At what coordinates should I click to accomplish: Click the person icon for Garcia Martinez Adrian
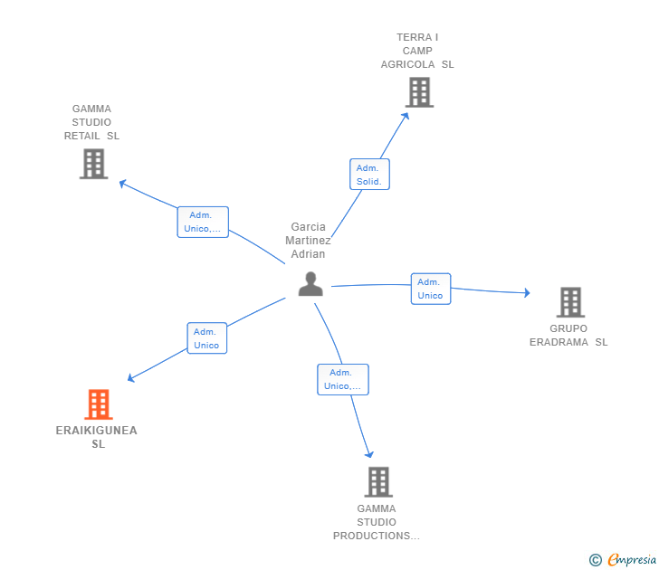[x=310, y=284]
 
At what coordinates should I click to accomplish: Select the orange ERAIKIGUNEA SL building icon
[x=99, y=404]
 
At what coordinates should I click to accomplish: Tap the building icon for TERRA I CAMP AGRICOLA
[x=419, y=92]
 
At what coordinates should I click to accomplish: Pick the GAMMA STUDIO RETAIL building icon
[x=94, y=164]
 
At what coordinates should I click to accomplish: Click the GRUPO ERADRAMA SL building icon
[x=570, y=302]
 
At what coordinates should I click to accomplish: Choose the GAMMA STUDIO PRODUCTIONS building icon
[x=378, y=482]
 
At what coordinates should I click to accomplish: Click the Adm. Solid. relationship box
[x=369, y=175]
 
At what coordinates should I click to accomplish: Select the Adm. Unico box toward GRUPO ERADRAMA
[x=431, y=289]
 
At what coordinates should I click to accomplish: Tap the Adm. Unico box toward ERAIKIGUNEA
[x=206, y=338]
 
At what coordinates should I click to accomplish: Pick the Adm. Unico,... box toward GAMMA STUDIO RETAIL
[x=203, y=222]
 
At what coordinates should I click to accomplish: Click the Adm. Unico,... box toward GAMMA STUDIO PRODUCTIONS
[x=342, y=379]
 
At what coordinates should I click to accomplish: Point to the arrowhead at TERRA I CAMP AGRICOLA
[x=406, y=116]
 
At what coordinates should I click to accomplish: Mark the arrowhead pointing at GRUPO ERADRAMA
[x=527, y=293]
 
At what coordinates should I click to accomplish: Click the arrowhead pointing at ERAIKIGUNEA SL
[x=130, y=378]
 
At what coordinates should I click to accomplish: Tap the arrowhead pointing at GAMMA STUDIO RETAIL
[x=123, y=183]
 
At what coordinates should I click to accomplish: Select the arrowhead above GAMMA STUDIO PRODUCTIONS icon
[x=369, y=454]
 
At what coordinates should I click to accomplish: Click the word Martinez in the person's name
[x=308, y=241]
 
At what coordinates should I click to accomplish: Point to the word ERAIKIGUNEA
[x=97, y=430]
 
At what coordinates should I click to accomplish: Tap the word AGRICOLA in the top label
[x=407, y=64]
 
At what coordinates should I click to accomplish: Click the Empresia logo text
[x=632, y=560]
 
